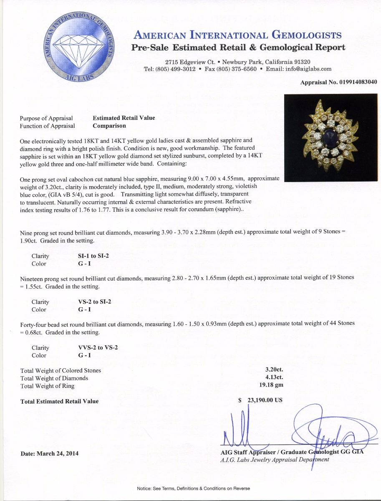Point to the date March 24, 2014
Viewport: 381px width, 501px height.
pos(49,453)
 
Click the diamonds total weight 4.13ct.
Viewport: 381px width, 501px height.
pos(274,378)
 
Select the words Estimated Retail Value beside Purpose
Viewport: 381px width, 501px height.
pos(124,118)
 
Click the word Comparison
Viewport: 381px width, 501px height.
pos(109,126)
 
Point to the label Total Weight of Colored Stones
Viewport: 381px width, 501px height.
pos(61,370)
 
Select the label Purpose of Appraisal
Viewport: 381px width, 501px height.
pos(46,118)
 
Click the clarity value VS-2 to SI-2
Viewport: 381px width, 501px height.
pos(96,302)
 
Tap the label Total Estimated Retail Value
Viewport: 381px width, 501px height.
pos(60,401)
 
